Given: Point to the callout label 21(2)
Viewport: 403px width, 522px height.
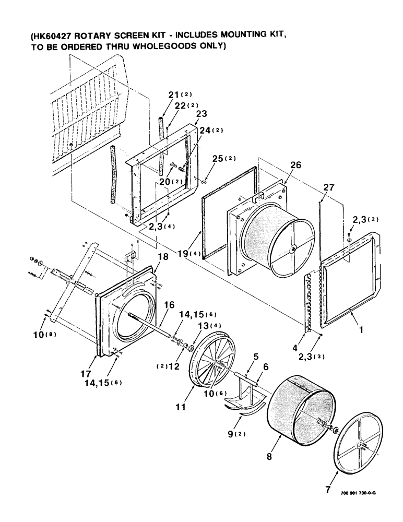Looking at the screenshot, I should pyautogui.click(x=179, y=94).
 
